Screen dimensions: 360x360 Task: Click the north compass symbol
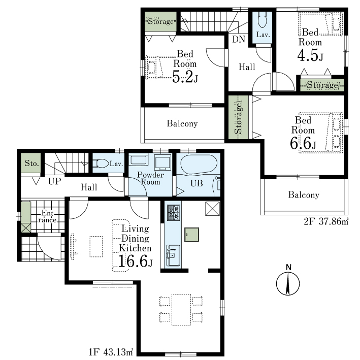point(288,281)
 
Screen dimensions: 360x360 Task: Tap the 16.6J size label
point(135,261)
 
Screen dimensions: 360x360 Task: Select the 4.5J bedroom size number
point(310,55)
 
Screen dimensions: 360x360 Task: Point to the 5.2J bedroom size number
point(185,77)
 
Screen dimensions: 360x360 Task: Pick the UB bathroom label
point(197,183)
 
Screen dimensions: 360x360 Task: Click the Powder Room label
point(150,178)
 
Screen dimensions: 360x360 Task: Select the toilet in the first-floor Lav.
point(101,163)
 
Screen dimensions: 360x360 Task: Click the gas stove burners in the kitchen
point(173,213)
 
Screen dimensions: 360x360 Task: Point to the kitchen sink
point(173,255)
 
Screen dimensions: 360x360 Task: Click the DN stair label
point(239,39)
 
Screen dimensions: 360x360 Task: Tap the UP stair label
point(55,181)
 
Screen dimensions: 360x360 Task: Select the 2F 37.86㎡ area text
point(326,221)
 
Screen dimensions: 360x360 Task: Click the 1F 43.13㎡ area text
point(111,352)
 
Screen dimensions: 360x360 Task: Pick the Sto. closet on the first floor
point(31,163)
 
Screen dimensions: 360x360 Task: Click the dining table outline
point(181,310)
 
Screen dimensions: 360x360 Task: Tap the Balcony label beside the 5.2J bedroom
point(182,123)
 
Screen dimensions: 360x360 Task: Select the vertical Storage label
point(239,118)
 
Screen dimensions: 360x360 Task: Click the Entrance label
point(47,216)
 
